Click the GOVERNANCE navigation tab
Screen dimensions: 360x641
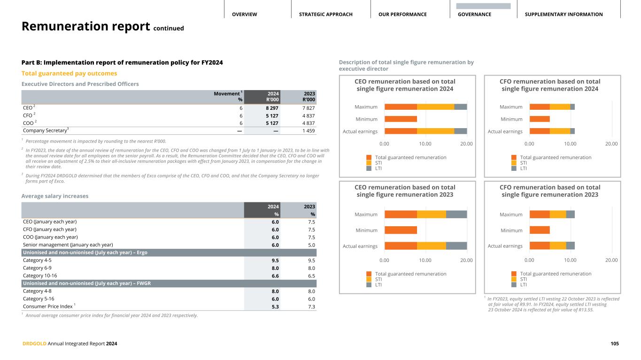pyautogui.click(x=475, y=15)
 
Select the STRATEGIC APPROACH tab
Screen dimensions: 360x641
pyautogui.click(x=325, y=15)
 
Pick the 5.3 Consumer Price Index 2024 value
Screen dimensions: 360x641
pyautogui.click(x=275, y=306)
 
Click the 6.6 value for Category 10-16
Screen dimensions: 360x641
pyautogui.click(x=275, y=276)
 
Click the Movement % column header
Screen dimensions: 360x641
pyautogui.click(x=228, y=97)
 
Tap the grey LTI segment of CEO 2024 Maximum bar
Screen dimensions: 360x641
pyautogui.click(x=461, y=107)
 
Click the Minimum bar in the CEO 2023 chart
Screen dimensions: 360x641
pyautogui.click(x=401, y=230)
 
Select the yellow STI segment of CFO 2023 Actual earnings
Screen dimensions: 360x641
pyautogui.click(x=558, y=245)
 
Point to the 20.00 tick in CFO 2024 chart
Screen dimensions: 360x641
pyautogui.click(x=611, y=144)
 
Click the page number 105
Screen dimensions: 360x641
pyautogui.click(x=614, y=344)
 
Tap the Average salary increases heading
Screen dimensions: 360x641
pyautogui.click(x=55, y=196)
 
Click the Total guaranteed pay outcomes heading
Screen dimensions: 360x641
pyautogui.click(x=69, y=73)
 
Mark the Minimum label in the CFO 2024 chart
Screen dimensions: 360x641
pyautogui.click(x=511, y=119)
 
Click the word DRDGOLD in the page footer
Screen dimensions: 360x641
pyautogui.click(x=34, y=344)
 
